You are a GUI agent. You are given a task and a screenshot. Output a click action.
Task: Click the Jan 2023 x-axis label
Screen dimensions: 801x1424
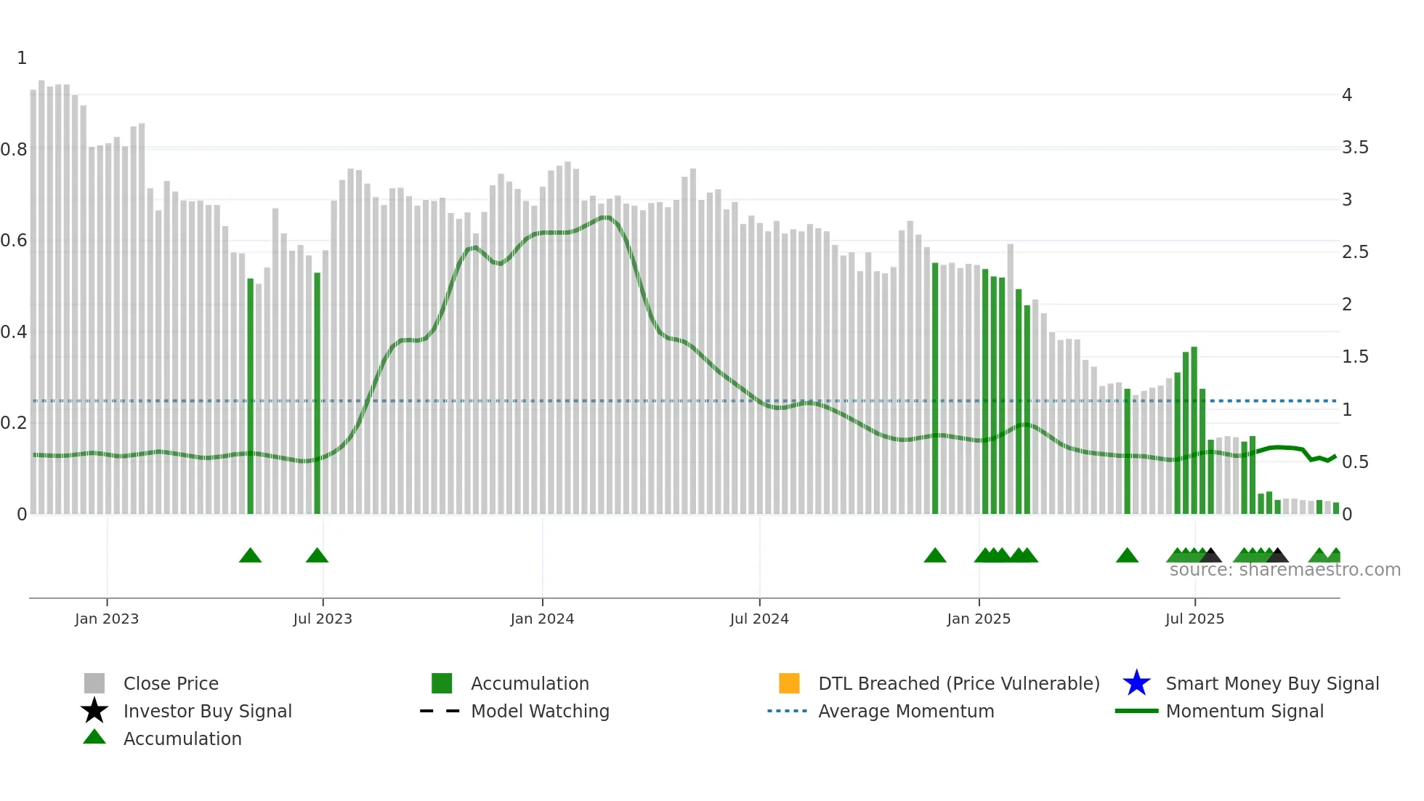coord(107,619)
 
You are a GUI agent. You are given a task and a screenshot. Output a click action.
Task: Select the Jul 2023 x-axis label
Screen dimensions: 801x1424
coord(323,619)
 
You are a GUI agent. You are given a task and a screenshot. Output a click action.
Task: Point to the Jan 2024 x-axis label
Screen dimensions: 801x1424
coord(542,619)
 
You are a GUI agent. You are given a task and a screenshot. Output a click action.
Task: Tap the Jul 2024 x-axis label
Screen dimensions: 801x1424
coord(759,619)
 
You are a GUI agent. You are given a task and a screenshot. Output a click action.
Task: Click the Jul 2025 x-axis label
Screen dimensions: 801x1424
coord(1194,619)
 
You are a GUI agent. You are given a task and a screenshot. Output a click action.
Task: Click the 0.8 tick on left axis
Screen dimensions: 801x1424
coord(14,150)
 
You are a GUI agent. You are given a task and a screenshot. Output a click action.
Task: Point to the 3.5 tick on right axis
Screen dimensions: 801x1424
coord(1355,148)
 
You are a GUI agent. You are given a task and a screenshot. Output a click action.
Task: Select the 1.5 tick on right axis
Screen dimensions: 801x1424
coord(1355,357)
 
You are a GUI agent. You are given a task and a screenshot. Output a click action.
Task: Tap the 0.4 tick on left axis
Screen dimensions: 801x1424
coord(14,332)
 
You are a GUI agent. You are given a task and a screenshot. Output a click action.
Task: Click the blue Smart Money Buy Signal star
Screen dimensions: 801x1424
coord(1136,683)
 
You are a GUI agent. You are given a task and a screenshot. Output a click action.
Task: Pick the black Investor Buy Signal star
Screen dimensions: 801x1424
coord(94,711)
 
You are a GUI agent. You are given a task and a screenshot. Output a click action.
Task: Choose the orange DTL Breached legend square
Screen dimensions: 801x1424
coord(789,683)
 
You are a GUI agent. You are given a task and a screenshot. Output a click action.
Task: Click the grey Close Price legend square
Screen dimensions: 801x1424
coord(94,683)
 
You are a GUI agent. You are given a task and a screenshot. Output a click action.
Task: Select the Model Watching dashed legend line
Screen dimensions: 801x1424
coord(440,711)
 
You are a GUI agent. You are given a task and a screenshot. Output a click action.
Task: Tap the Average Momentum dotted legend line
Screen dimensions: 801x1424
coord(787,711)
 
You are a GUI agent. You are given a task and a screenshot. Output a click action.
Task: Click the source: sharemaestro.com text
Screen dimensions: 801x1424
coord(1285,570)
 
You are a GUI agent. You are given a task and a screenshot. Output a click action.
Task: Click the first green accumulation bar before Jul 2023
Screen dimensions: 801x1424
coord(251,396)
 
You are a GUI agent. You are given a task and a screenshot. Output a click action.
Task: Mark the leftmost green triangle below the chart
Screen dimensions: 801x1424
coord(250,556)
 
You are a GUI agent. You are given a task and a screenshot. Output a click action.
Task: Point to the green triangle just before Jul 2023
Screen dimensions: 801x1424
coord(317,556)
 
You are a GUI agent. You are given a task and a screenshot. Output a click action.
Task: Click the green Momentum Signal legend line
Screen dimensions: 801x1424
coord(1136,711)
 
